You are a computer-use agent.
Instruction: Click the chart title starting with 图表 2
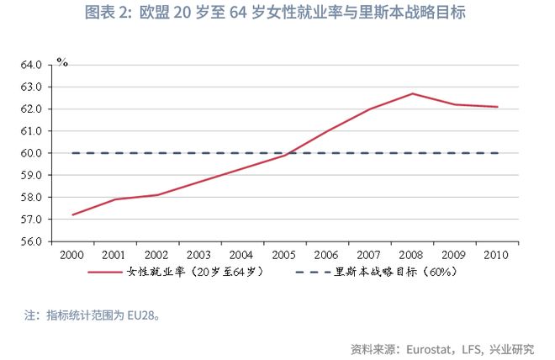[x=277, y=13]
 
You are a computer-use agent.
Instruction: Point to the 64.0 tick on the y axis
[x=30, y=65]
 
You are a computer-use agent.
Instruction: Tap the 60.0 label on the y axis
[x=30, y=153]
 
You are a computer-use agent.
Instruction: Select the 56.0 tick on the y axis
[x=30, y=241]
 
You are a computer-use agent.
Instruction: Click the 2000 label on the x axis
[x=73, y=254]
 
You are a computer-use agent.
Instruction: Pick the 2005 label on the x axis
[x=285, y=254]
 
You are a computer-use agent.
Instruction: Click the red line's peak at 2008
[x=413, y=93]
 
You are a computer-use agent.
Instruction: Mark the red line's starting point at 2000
[x=73, y=214]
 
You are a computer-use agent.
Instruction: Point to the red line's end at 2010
[x=498, y=107]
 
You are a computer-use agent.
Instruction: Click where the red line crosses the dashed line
[x=291, y=153]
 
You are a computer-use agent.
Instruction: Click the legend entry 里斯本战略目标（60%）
[x=382, y=273]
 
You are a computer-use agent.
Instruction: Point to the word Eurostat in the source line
[x=429, y=347]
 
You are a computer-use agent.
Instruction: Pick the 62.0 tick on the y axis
[x=30, y=109]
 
